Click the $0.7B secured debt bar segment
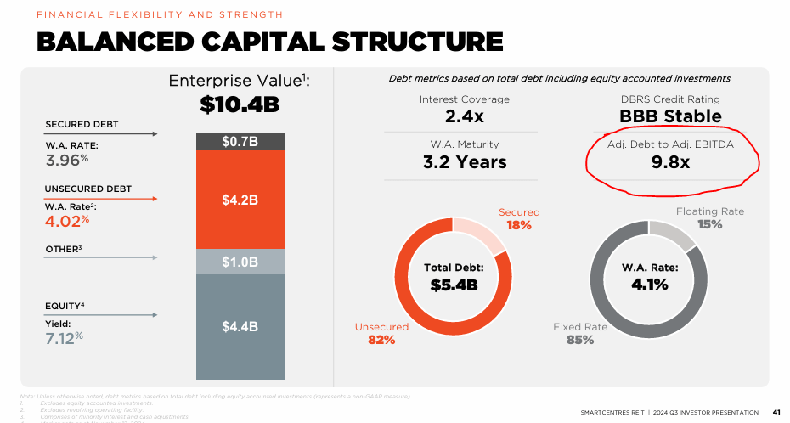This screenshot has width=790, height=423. [240, 141]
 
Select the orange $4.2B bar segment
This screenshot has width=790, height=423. [240, 200]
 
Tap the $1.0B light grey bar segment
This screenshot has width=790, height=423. [240, 262]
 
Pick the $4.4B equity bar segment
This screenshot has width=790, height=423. [240, 326]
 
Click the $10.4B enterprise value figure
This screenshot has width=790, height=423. [240, 104]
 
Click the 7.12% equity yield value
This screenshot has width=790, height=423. [65, 337]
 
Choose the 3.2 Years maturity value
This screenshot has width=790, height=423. [464, 161]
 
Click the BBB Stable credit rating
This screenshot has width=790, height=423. [670, 116]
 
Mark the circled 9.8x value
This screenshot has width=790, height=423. [670, 162]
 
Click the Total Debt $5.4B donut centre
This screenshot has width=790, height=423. [454, 278]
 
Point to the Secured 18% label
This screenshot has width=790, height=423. [518, 219]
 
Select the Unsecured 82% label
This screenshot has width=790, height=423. [381, 333]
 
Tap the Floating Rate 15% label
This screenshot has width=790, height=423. [710, 218]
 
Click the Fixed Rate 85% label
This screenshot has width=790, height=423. [580, 333]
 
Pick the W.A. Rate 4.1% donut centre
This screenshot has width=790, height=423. [650, 278]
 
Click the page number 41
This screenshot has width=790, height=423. [776, 412]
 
